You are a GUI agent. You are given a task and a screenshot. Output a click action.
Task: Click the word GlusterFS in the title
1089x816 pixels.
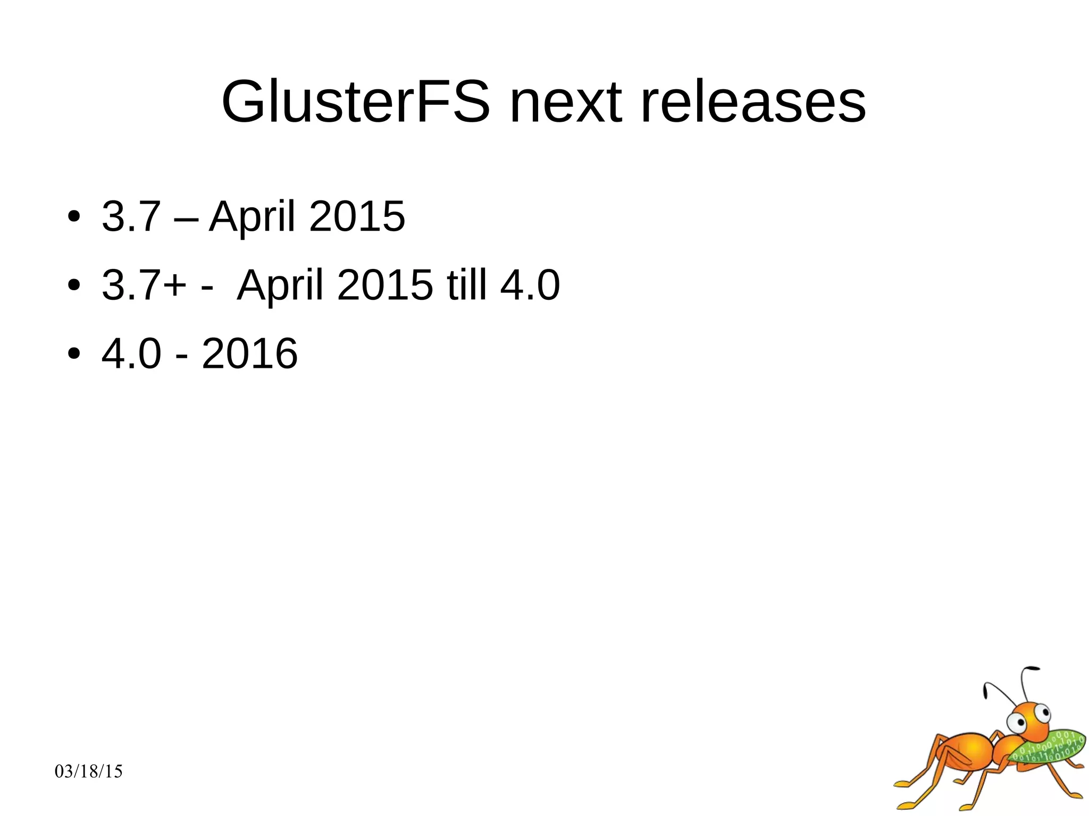pos(355,102)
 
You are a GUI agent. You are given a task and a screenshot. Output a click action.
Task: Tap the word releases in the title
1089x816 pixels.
pos(753,102)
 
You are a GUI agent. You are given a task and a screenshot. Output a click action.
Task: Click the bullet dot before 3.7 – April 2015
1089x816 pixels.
pos(74,217)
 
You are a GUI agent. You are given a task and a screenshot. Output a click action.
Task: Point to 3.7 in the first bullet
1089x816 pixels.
pos(131,216)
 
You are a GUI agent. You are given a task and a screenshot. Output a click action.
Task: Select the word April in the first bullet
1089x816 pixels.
pos(252,216)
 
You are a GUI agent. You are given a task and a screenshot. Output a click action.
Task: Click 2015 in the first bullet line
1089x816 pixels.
pos(357,216)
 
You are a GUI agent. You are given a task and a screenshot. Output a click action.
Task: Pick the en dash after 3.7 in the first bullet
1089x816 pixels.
pos(186,217)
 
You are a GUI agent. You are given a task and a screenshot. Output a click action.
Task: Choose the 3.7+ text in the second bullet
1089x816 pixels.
pos(144,285)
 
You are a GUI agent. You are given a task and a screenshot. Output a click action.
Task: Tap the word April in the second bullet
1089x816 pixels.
pos(280,285)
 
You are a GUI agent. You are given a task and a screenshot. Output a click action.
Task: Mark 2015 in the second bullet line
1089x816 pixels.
pos(385,285)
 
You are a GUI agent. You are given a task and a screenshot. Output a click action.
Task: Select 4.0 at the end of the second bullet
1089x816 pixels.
pos(530,285)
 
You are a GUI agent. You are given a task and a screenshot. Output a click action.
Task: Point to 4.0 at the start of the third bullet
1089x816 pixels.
pos(131,354)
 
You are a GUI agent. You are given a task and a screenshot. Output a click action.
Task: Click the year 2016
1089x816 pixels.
pos(249,354)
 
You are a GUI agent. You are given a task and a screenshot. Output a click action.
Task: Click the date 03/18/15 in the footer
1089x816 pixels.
pos(89,771)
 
